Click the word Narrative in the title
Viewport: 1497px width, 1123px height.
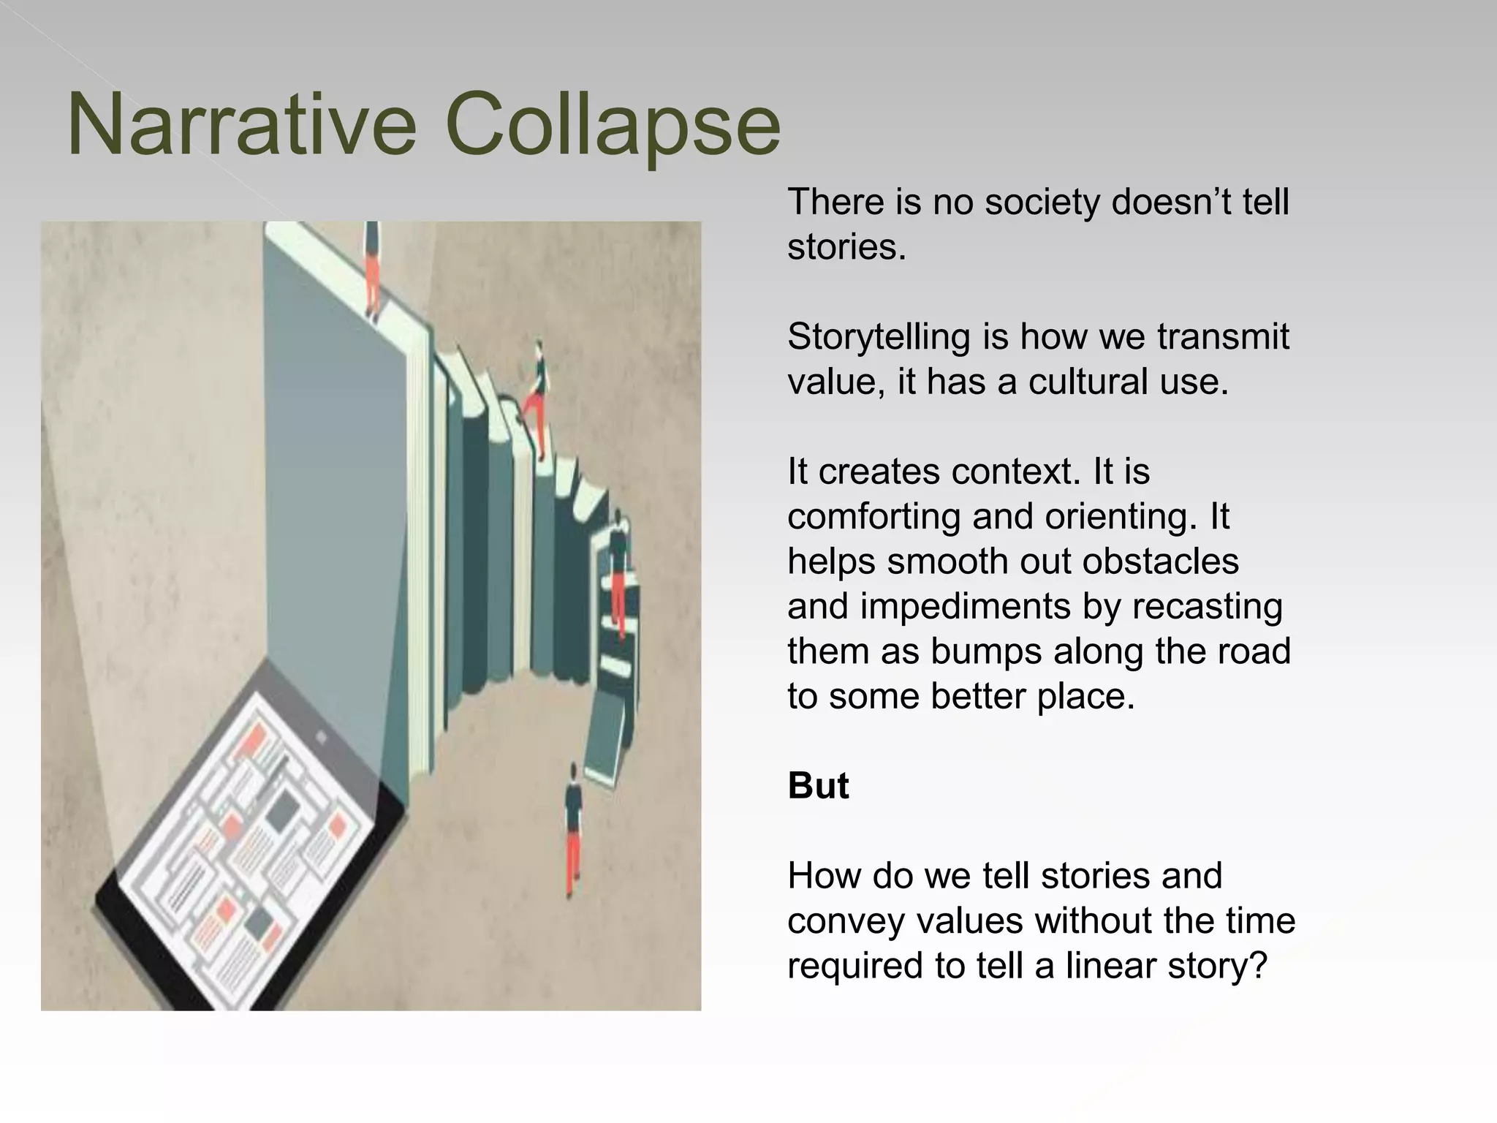pos(241,124)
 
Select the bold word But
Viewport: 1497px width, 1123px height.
pos(818,786)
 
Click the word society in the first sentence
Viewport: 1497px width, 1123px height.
pos(1041,202)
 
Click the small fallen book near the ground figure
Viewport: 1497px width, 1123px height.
pos(607,738)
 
